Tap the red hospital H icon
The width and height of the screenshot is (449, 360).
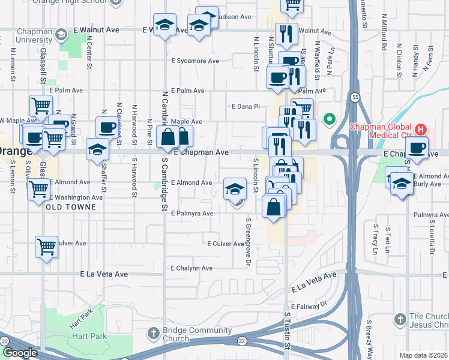[x=421, y=129]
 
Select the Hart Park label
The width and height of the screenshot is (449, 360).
[x=91, y=336]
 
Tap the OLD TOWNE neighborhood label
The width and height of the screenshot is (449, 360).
[x=71, y=207]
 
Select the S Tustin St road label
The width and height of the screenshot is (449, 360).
[x=287, y=337]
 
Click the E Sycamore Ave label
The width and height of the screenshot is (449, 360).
[x=195, y=61]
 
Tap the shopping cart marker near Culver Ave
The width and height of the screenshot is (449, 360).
[x=46, y=247]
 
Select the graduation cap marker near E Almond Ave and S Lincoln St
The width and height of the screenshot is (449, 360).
[x=235, y=190]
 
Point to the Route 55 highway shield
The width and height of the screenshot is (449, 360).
[x=355, y=97]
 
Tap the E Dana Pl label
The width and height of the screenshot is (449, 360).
[x=246, y=107]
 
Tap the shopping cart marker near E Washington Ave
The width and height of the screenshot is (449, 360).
[x=39, y=188]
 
